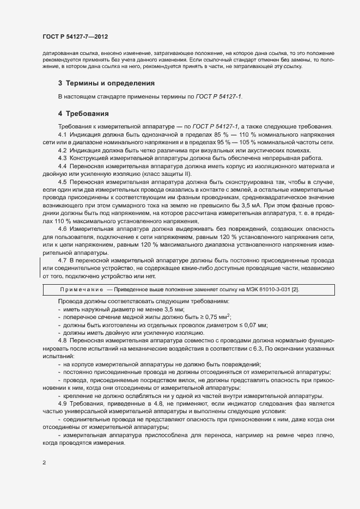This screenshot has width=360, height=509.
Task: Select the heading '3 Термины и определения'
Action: (x=106, y=83)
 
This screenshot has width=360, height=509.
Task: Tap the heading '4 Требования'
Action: (x=84, y=114)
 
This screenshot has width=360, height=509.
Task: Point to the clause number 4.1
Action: (x=62, y=134)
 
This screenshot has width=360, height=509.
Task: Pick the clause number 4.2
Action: (x=62, y=150)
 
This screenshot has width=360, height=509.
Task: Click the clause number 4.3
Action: (x=62, y=158)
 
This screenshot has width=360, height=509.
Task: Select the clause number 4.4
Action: (x=62, y=165)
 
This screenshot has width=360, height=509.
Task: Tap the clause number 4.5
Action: (x=62, y=181)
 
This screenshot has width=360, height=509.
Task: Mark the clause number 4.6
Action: (x=62, y=229)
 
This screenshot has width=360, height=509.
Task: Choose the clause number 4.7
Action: (x=62, y=260)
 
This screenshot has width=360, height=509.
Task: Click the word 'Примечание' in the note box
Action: (x=81, y=289)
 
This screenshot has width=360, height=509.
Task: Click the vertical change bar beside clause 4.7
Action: (x=40, y=268)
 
